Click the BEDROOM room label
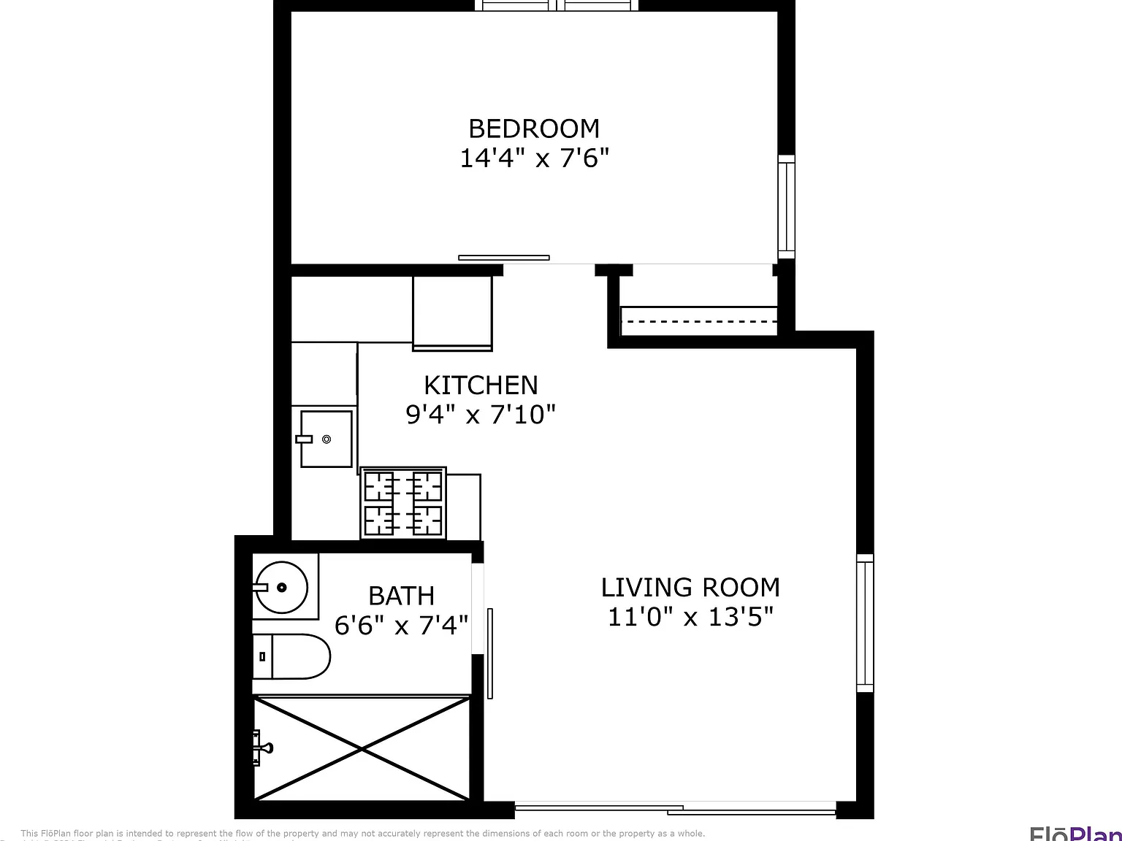pos(534,128)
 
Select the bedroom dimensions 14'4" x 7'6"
pos(534,158)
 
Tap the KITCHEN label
pos(481,385)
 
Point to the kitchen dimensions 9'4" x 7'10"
pos(481,415)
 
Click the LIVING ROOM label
pos(690,587)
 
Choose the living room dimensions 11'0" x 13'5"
pos(690,617)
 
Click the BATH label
pos(401,596)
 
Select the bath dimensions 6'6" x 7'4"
pos(401,626)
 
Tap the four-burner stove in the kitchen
pos(403,504)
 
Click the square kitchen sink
pos(326,439)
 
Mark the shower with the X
pos(362,748)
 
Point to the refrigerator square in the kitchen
pos(452,312)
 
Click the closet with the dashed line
pos(698,320)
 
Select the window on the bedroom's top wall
pos(557,6)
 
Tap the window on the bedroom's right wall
pos(786,206)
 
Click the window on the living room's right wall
pos(865,623)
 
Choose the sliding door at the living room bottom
pos(675,808)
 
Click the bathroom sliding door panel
pos(490,653)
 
